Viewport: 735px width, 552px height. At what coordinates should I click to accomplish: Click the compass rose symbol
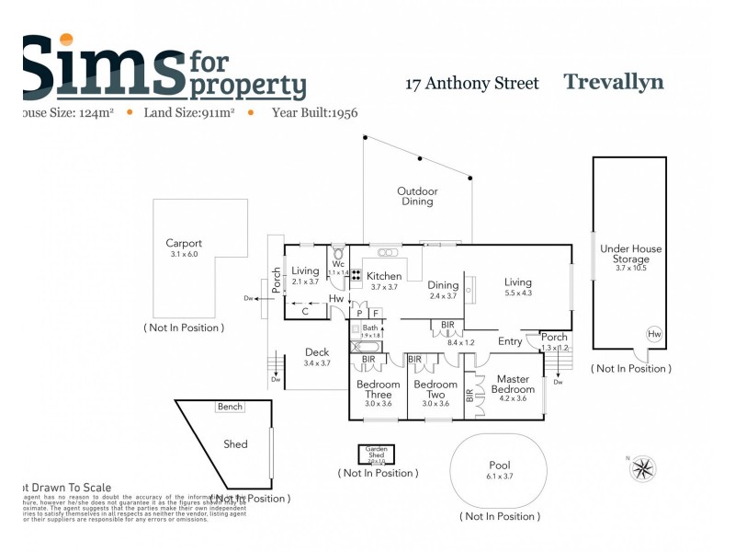coord(643,468)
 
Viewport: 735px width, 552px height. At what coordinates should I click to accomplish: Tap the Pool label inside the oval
coord(499,466)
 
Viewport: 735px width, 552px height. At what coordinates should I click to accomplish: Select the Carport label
coord(184,244)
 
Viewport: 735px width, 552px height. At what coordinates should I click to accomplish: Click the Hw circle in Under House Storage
coord(653,334)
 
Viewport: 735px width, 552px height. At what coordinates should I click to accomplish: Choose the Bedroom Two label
coord(435,390)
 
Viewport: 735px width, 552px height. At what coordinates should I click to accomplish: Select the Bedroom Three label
coord(379,390)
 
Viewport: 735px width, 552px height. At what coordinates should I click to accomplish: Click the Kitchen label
coord(384,276)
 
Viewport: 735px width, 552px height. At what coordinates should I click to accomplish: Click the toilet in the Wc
coord(338,253)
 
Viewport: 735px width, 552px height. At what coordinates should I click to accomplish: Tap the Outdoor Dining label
coord(417,196)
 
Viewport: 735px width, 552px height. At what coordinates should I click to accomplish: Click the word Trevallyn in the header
coord(613,82)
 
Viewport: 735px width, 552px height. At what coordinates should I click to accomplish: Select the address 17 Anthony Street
coord(472,84)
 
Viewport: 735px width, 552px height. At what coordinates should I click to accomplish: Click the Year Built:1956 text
coord(314,113)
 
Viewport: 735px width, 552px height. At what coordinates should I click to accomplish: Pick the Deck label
coord(317,352)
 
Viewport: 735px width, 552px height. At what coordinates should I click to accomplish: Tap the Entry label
coord(510,342)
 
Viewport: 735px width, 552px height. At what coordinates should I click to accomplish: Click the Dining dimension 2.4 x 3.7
coord(443,296)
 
